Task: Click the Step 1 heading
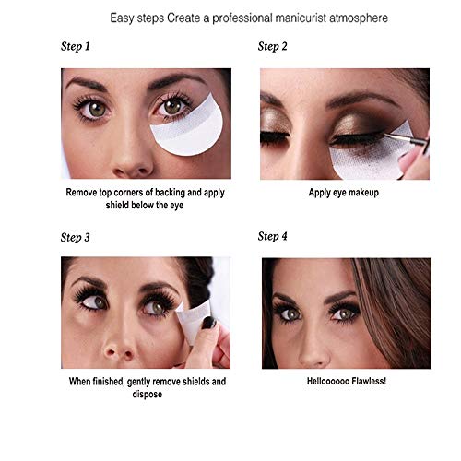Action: pos(76,46)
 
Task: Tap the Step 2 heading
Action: pos(273,46)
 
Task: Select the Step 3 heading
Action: pos(76,237)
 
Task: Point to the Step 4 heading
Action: pos(273,236)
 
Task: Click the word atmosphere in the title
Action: pos(359,18)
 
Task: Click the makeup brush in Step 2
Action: pos(406,137)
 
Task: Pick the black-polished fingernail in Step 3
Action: pos(209,323)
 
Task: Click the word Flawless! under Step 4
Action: pos(369,381)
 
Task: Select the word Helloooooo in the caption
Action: pos(328,381)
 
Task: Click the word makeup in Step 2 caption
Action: pos(363,193)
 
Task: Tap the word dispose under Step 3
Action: pos(148,395)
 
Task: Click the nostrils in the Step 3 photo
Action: pos(118,353)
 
